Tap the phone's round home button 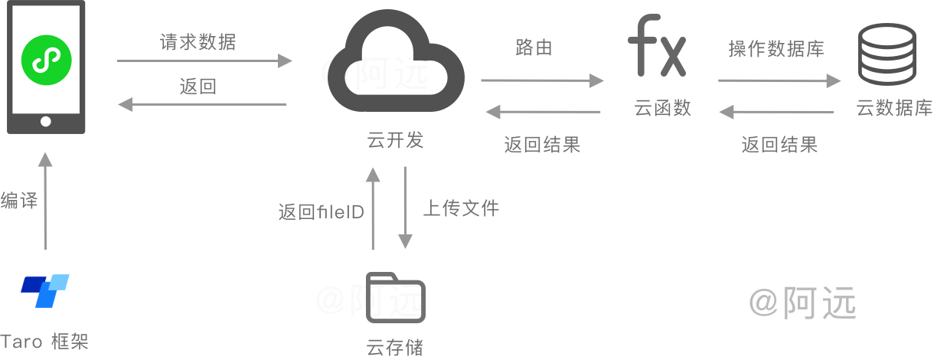click(46, 121)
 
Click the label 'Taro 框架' click(45, 342)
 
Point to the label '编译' click(19, 201)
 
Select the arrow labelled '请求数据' click(205, 61)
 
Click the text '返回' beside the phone click(198, 87)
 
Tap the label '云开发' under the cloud click(395, 140)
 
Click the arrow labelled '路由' click(542, 80)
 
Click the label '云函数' click(663, 108)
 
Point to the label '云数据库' click(894, 108)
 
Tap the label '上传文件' click(461, 208)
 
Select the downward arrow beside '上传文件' click(405, 207)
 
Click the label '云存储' click(395, 347)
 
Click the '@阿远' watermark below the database click(802, 303)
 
